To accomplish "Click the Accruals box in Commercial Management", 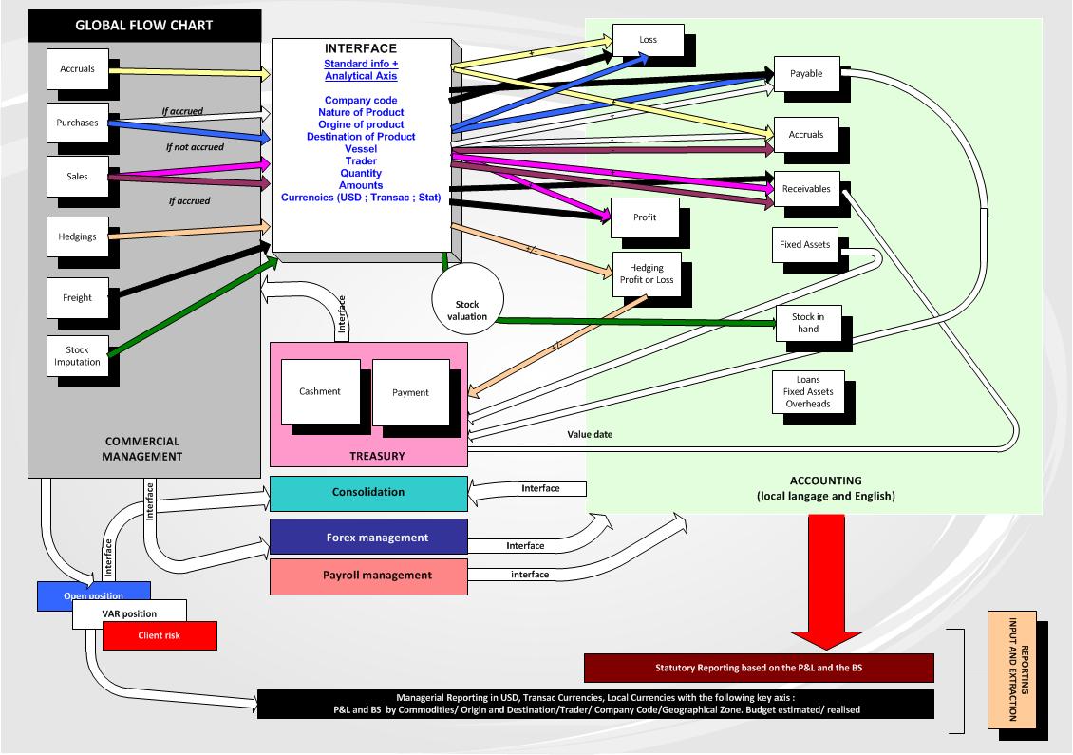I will click(77, 69).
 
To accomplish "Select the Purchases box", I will click(77, 123).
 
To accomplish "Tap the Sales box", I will click(77, 177).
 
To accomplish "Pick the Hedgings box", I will click(77, 236).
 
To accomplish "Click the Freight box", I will click(77, 297).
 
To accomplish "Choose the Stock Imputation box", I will click(77, 356).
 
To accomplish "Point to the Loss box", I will click(649, 40).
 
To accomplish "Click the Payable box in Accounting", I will click(806, 74).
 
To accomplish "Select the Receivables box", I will click(806, 189).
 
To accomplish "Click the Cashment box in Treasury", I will click(320, 391).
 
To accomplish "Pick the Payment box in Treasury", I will click(410, 392).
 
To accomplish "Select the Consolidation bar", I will click(368, 493).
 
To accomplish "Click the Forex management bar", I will click(368, 538).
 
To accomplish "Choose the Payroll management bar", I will click(368, 576).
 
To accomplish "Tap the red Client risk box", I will click(160, 635).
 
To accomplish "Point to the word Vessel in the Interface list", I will click(362, 149).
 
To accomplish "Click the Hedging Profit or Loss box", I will click(647, 274).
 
